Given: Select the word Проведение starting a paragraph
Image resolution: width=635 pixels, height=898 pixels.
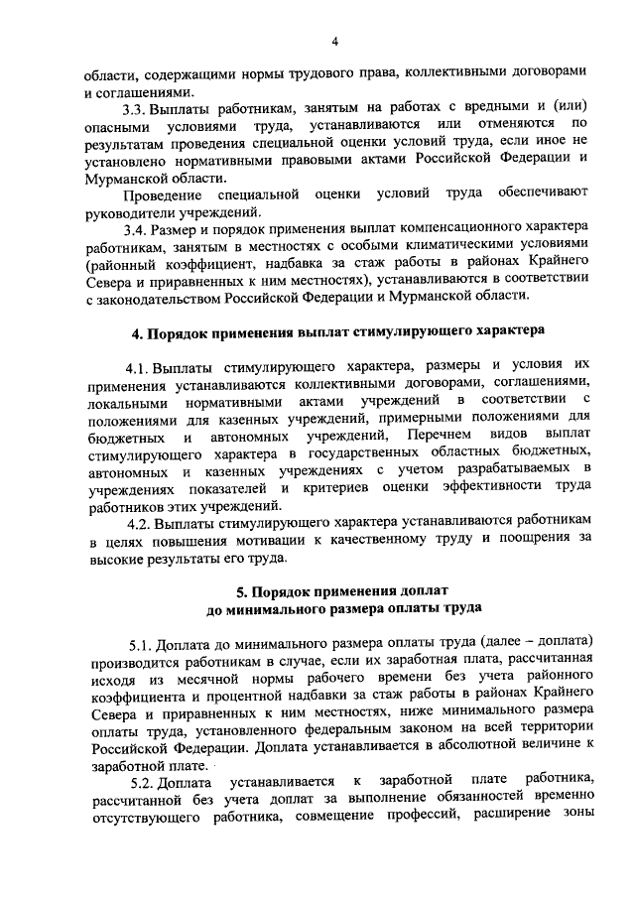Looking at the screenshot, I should (161, 190).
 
